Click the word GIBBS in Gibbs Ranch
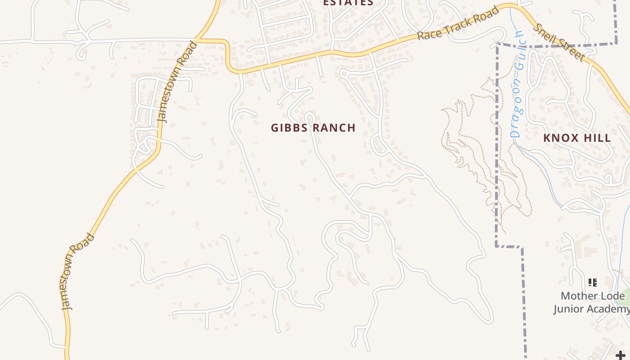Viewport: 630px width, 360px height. (x=290, y=128)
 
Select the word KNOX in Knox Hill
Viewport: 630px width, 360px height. (x=559, y=138)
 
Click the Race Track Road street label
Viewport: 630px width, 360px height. (x=458, y=23)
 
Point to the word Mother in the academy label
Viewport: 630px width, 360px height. (x=577, y=296)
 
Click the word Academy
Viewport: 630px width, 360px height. (x=610, y=309)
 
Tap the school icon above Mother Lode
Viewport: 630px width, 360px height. (x=593, y=283)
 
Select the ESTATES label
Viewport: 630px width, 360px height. (x=348, y=3)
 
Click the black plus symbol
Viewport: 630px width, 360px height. (x=621, y=355)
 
